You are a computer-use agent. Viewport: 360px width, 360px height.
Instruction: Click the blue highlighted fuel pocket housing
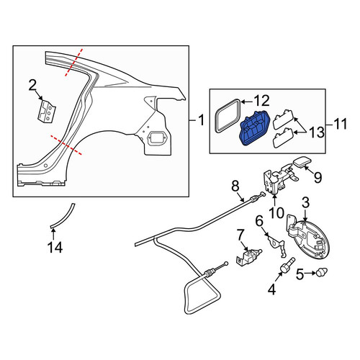[x=254, y=128]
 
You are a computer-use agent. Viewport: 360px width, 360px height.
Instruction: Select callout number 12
[x=262, y=101]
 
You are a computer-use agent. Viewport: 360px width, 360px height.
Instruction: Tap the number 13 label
[x=316, y=132]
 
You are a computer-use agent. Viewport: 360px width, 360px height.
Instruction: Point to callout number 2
[x=32, y=86]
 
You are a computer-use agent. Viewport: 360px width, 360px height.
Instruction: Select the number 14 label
[x=55, y=247]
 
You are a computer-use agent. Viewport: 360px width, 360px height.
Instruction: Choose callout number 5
[x=300, y=274]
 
